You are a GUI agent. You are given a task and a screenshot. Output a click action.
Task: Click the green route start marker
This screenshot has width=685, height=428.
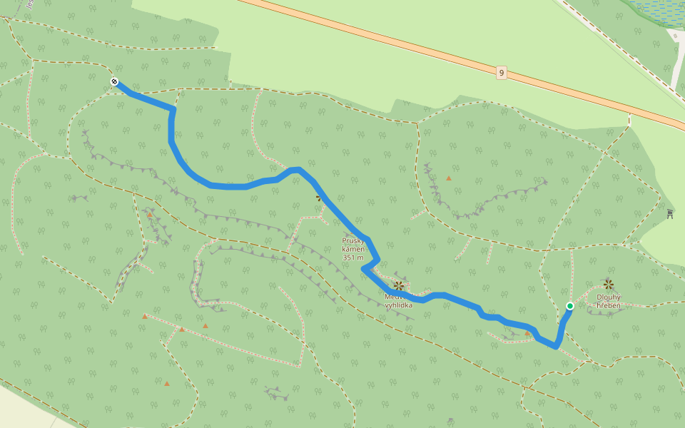click(x=569, y=306)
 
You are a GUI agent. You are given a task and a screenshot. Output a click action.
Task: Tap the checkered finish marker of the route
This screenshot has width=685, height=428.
click(x=114, y=82)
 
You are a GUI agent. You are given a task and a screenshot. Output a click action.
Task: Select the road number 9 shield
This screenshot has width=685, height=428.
click(x=502, y=73)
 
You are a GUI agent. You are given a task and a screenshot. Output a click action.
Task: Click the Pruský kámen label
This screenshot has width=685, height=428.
click(x=353, y=245)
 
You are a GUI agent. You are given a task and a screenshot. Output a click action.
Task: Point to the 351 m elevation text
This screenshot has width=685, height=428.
click(x=353, y=258)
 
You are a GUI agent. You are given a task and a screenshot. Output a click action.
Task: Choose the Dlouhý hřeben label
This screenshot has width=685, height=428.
click(x=609, y=302)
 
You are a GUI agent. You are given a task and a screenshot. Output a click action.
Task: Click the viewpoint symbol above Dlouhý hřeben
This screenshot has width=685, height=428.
click(x=609, y=284)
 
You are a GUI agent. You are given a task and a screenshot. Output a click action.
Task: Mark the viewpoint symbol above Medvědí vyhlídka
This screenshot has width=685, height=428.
click(x=399, y=286)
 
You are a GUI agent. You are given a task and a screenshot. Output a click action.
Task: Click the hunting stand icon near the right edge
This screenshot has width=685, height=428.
click(x=670, y=213)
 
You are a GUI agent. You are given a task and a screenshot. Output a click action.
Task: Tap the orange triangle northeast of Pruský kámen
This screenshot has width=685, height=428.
click(x=448, y=178)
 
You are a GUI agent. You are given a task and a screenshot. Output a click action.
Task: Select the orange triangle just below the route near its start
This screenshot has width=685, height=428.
click(x=527, y=332)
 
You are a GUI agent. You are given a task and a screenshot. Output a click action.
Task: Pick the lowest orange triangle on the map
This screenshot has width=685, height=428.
click(x=167, y=384)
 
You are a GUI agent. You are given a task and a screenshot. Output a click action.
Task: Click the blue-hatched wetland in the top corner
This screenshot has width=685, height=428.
click(x=656, y=11)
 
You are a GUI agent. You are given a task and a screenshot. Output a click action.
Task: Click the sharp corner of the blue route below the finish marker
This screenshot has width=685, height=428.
click(x=172, y=110)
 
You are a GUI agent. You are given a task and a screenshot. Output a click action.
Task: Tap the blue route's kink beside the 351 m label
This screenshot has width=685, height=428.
click(x=365, y=268)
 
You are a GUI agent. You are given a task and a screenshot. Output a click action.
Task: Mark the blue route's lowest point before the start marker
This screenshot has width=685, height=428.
click(x=555, y=346)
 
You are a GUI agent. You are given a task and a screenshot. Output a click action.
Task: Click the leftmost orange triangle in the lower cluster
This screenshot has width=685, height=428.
click(x=145, y=316)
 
